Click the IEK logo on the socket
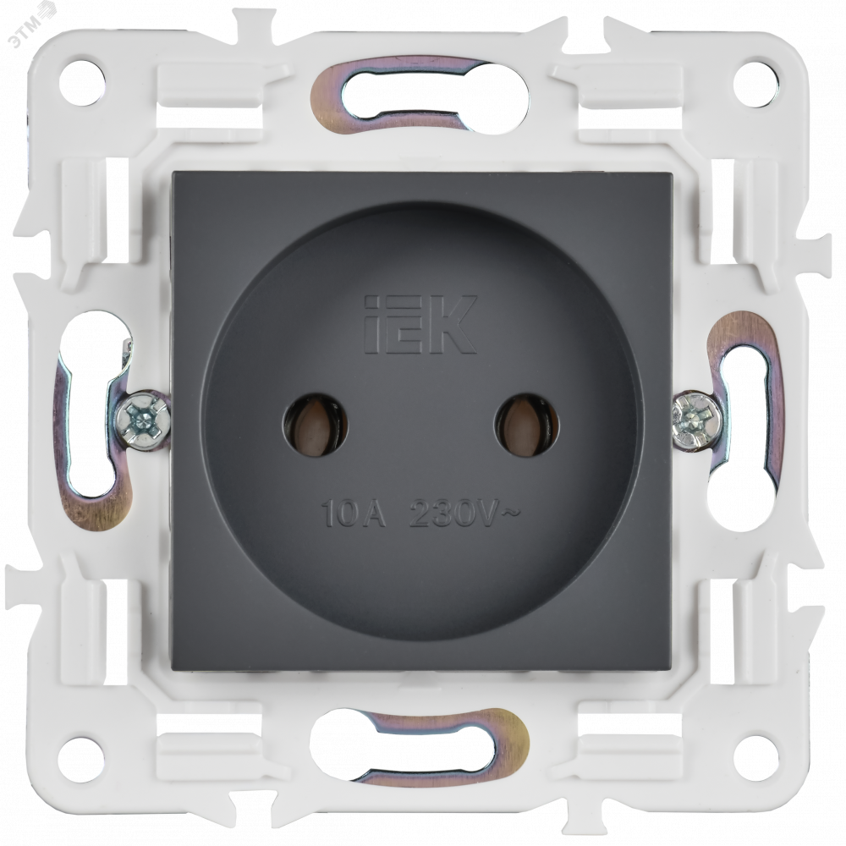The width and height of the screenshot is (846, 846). (420, 324)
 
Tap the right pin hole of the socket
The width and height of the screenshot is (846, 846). (526, 424)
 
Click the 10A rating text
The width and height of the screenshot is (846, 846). (354, 513)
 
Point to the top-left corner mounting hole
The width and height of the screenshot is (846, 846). (82, 83)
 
